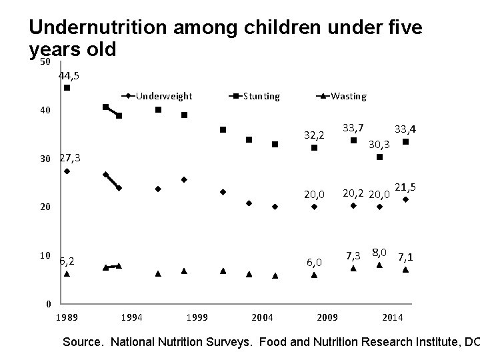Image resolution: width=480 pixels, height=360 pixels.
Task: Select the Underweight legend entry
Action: pyautogui.click(x=163, y=96)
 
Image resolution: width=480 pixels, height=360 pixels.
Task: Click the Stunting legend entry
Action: pyautogui.click(x=261, y=96)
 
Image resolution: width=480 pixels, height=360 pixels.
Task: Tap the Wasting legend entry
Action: pyautogui.click(x=348, y=96)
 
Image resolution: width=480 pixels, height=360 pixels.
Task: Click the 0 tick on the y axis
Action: pyautogui.click(x=45, y=304)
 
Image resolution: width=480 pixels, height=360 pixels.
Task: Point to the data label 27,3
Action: pyautogui.click(x=70, y=158)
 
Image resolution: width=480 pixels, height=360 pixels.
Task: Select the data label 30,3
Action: pyautogui.click(x=379, y=143)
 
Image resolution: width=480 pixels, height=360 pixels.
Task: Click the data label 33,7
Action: pyautogui.click(x=353, y=127)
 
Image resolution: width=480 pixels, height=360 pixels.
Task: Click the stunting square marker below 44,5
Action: pyautogui.click(x=67, y=88)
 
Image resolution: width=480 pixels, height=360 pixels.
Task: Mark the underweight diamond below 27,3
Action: pyautogui.click(x=67, y=171)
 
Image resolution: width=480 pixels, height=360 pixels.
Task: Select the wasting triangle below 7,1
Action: pyautogui.click(x=405, y=269)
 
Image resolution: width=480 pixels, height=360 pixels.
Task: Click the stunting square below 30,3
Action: pyautogui.click(x=379, y=157)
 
